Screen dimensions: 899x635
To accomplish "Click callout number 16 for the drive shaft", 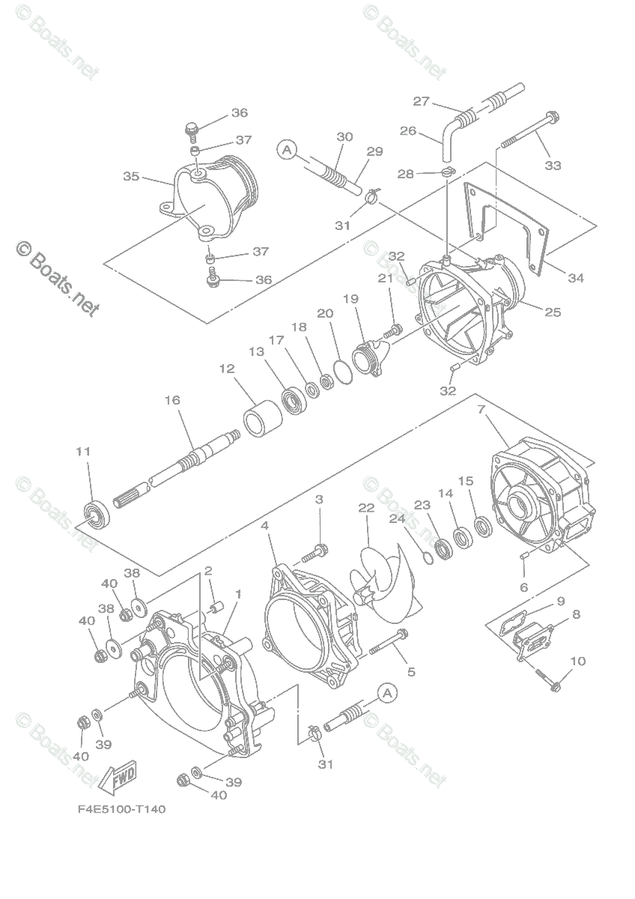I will pos(172,401).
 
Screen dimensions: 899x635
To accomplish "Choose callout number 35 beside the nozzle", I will pos(131,177).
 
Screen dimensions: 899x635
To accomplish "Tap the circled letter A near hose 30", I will pos(285,150).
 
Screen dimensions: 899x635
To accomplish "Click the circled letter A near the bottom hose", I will pos(387,694).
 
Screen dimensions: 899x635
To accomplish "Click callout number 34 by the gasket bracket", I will pos(574,278).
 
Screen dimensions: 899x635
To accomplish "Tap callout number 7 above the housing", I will pos(482,410).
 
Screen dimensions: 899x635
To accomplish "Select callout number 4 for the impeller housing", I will pos(265,527).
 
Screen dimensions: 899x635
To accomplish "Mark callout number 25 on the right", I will pos(552,312).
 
